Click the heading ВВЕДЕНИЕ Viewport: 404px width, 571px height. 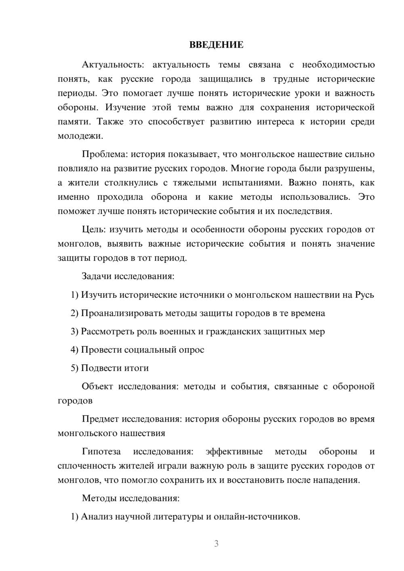pyautogui.click(x=216, y=45)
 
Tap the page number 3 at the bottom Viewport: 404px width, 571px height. pyautogui.click(x=216, y=544)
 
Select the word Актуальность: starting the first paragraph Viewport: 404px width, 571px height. pyautogui.click(x=113, y=65)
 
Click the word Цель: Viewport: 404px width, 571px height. pyautogui.click(x=94, y=229)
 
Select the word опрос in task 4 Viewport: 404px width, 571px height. pyautogui.click(x=191, y=350)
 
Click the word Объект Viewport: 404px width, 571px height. pyautogui.click(x=97, y=386)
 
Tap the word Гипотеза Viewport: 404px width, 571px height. pyautogui.click(x=101, y=451)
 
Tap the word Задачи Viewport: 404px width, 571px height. pyautogui.click(x=97, y=277)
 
